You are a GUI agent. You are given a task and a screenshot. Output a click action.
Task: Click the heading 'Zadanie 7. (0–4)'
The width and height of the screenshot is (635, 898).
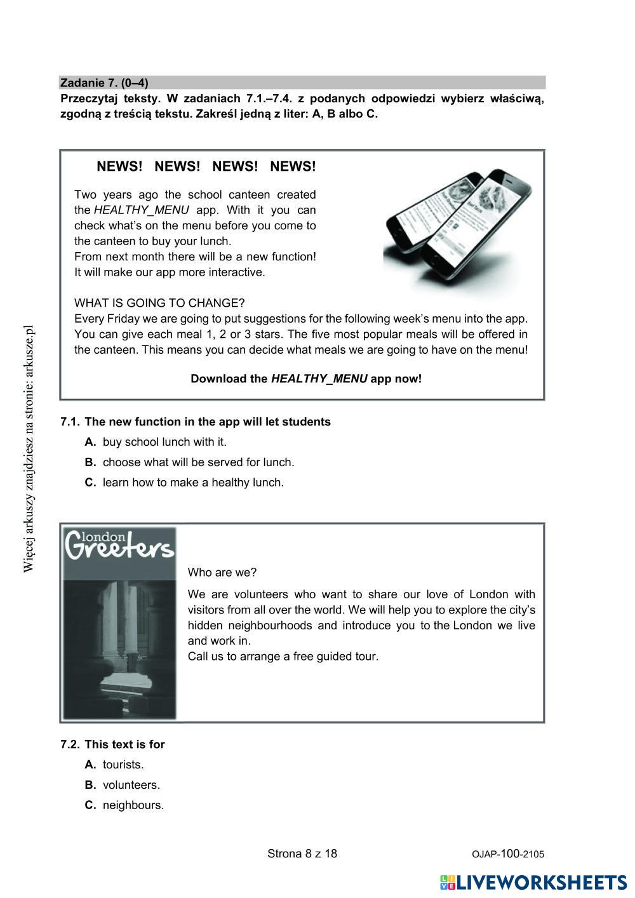point(104,83)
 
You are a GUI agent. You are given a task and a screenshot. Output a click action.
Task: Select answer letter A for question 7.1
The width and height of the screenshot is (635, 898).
point(90,442)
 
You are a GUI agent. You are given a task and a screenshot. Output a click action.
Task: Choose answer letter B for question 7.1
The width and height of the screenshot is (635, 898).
point(90,462)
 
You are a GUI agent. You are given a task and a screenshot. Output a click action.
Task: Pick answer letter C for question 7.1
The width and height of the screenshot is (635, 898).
point(90,483)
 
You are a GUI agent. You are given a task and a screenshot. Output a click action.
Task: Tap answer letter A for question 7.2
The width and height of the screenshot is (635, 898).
point(90,765)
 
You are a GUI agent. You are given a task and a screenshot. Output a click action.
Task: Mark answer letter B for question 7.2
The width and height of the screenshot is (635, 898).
point(90,785)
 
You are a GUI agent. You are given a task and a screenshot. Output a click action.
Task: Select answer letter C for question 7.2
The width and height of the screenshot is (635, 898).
point(90,805)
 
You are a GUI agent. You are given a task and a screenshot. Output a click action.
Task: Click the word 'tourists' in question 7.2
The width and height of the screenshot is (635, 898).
point(123,765)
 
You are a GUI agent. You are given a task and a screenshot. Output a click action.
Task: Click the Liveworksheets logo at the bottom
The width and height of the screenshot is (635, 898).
point(533,882)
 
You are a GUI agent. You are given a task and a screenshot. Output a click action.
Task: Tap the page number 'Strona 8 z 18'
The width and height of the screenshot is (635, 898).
point(302,854)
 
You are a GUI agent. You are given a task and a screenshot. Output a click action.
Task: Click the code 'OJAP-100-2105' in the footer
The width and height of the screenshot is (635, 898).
point(508,854)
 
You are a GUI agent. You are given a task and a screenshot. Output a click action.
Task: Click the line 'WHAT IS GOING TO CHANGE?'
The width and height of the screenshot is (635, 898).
point(159,303)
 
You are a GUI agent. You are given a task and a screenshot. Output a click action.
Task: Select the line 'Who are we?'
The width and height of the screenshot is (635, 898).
point(222,572)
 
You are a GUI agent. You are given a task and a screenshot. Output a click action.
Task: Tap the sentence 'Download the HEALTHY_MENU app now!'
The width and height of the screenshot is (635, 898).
point(306,379)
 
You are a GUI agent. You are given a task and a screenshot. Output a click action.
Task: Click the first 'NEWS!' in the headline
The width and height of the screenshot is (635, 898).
point(119,167)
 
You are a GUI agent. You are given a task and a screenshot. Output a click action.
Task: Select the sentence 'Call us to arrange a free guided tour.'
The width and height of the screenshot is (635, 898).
point(283,656)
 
